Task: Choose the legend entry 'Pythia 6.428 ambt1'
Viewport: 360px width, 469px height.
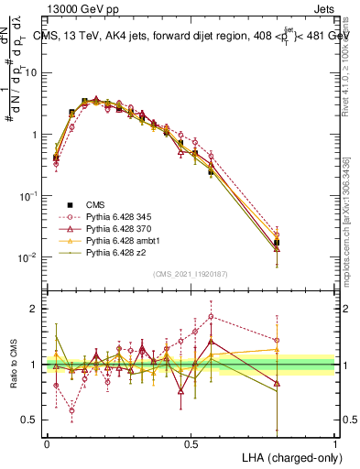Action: pyautogui.click(x=120, y=240)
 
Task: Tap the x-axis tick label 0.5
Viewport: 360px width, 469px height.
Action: pyautogui.click(x=191, y=442)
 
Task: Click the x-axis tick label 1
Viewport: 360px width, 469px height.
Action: pyautogui.click(x=335, y=442)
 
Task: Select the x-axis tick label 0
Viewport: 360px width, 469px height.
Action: pyautogui.click(x=47, y=442)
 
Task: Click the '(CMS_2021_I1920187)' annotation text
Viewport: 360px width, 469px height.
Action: pyautogui.click(x=191, y=272)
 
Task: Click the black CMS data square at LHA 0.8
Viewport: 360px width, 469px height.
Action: pyautogui.click(x=277, y=243)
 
